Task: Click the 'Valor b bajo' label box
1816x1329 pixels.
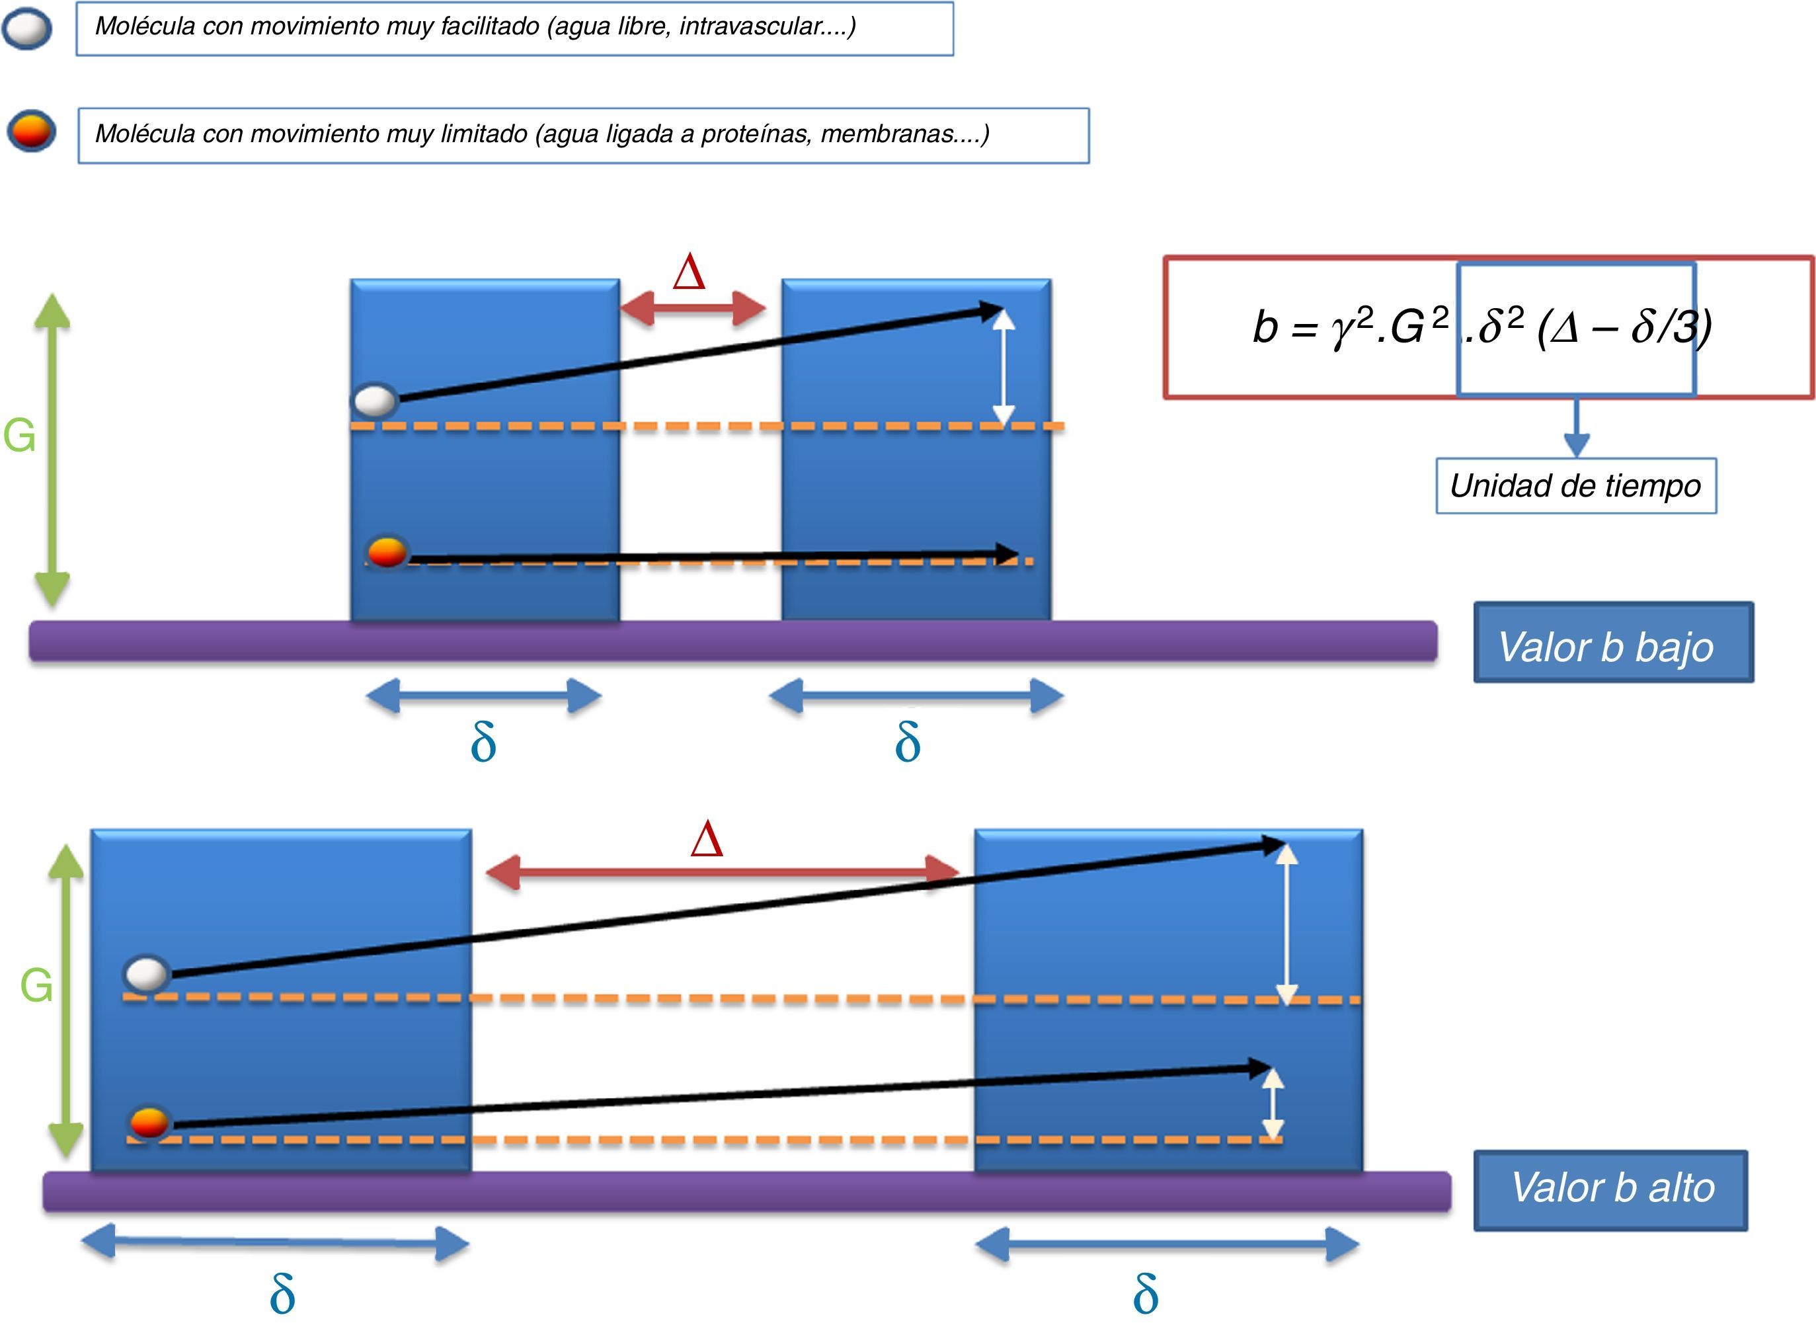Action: (1612, 643)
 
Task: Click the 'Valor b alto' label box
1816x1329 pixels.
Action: (1610, 1190)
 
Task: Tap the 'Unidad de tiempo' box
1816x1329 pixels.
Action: (1575, 486)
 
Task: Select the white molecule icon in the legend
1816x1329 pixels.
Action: (27, 29)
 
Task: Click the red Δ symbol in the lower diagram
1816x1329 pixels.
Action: (707, 840)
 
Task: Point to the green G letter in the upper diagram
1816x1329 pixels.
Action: (19, 436)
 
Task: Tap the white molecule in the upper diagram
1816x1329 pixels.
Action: (375, 401)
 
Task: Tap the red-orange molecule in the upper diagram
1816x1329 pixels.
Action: (387, 552)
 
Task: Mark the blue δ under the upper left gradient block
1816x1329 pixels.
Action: (483, 742)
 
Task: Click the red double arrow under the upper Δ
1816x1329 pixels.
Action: (692, 309)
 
